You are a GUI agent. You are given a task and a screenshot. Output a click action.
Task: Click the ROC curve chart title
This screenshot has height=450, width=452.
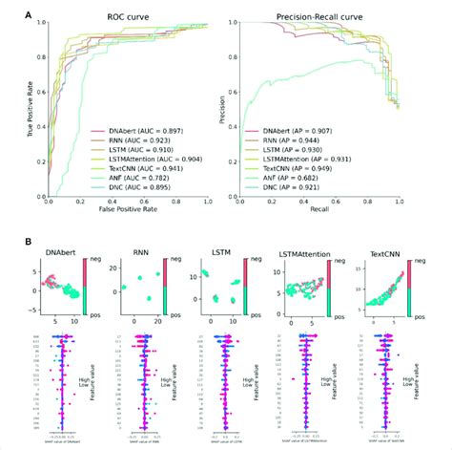coord(129,18)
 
